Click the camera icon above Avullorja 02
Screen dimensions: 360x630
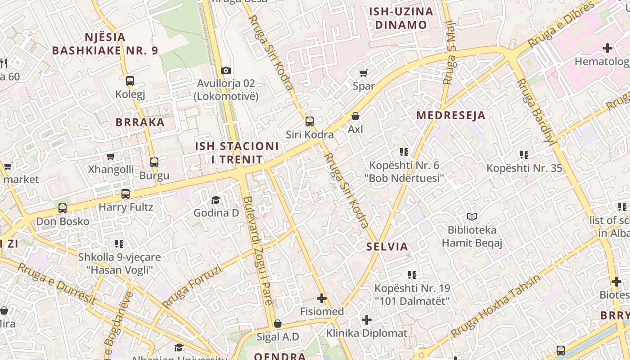pos(226,70)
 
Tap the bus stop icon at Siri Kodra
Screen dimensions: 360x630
pos(310,121)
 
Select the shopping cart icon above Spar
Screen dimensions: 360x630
pos(363,73)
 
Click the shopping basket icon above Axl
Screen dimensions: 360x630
pos(355,116)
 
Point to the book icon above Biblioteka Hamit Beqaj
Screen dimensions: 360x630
pos(472,217)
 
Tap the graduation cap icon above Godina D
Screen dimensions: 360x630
pos(216,199)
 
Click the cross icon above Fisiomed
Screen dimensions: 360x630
pos(322,298)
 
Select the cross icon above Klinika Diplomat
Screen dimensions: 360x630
pos(367,320)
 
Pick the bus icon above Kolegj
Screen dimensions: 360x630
pos(130,81)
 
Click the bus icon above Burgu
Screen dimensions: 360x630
pos(154,162)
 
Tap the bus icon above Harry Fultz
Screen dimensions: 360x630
pos(126,194)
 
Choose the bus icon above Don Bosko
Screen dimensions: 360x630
pos(63,208)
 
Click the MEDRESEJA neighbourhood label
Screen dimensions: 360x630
pos(450,115)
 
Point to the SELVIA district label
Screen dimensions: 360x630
pos(387,247)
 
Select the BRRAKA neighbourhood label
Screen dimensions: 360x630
pos(140,122)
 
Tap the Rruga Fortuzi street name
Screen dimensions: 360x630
pos(192,286)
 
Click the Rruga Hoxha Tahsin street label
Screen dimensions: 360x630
pos(495,306)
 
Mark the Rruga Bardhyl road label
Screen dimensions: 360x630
pos(535,111)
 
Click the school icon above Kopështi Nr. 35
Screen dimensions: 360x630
pos(524,155)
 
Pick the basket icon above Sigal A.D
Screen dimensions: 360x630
pos(278,324)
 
